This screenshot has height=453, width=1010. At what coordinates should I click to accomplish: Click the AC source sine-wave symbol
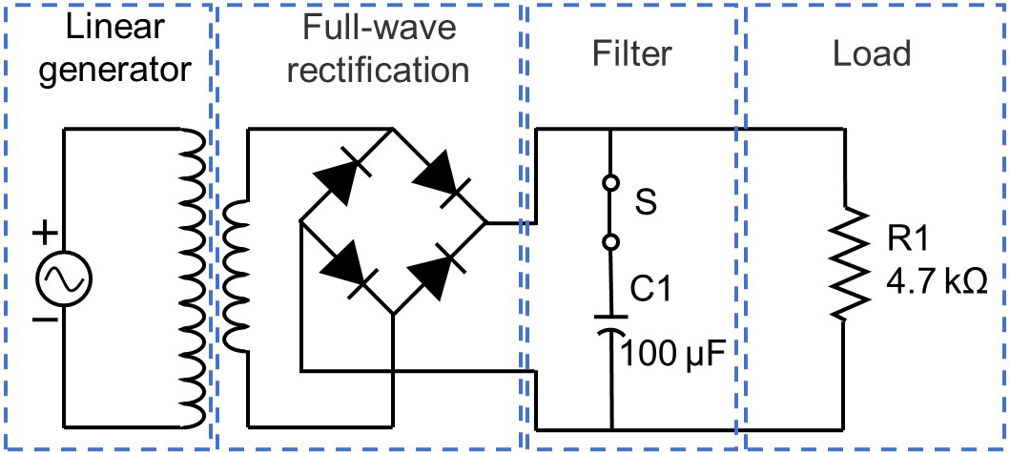(64, 278)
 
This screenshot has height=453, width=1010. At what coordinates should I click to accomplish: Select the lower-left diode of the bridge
(345, 267)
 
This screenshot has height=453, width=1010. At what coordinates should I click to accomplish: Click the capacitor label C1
(652, 288)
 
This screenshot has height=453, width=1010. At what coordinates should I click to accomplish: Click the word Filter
(633, 53)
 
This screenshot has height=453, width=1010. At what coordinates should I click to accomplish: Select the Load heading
(872, 53)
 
